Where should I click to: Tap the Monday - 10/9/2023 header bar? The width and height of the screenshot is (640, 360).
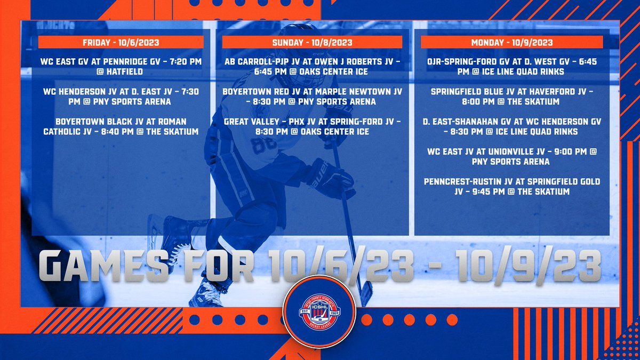pos(511,42)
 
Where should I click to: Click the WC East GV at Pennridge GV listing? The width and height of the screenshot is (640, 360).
pos(121,67)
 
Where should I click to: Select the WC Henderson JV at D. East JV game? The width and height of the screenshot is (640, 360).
pos(121,97)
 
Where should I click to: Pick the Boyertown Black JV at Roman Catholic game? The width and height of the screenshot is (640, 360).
pos(121,127)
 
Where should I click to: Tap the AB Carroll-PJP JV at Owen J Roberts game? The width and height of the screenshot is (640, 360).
pos(312,67)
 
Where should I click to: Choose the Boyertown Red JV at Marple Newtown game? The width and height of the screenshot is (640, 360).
pos(312,97)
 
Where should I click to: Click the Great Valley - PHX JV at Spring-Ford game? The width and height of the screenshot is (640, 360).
pos(312,127)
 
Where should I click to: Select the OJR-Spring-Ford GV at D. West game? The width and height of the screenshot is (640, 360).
pos(511,67)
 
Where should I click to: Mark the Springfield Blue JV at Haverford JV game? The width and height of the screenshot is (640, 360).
pos(511,97)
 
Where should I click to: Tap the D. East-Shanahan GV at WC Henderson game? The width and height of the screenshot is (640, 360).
pos(511,127)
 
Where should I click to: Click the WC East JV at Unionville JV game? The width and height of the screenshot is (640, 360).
pos(511,157)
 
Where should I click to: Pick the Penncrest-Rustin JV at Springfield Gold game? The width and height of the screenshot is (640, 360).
pos(511,187)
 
